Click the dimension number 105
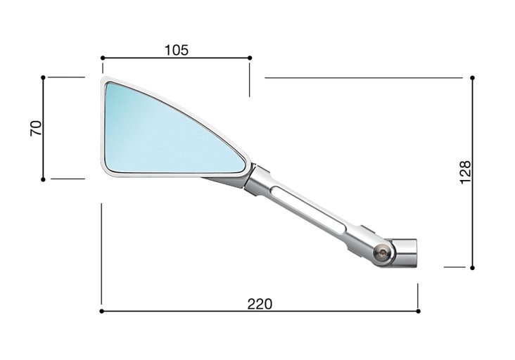pyautogui.click(x=176, y=50)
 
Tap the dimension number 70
pyautogui.click(x=37, y=128)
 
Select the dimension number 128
pyautogui.click(x=464, y=172)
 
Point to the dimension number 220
pyautogui.click(x=260, y=304)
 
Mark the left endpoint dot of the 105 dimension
pyautogui.click(x=102, y=58)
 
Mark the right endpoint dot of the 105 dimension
pyautogui.click(x=250, y=58)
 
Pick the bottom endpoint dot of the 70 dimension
pyautogui.click(x=44, y=179)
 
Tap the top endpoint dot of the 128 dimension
pyautogui.click(x=472, y=77)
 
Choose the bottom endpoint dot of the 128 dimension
pyautogui.click(x=472, y=267)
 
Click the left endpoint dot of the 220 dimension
pyautogui.click(x=102, y=310)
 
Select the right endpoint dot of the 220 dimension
pyautogui.click(x=418, y=310)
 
